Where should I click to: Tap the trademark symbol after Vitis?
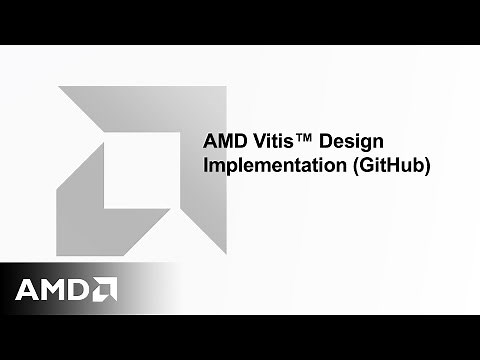306,140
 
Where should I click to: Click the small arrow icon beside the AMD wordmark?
106,289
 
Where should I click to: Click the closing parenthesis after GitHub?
427,167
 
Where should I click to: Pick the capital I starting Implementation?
205,166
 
